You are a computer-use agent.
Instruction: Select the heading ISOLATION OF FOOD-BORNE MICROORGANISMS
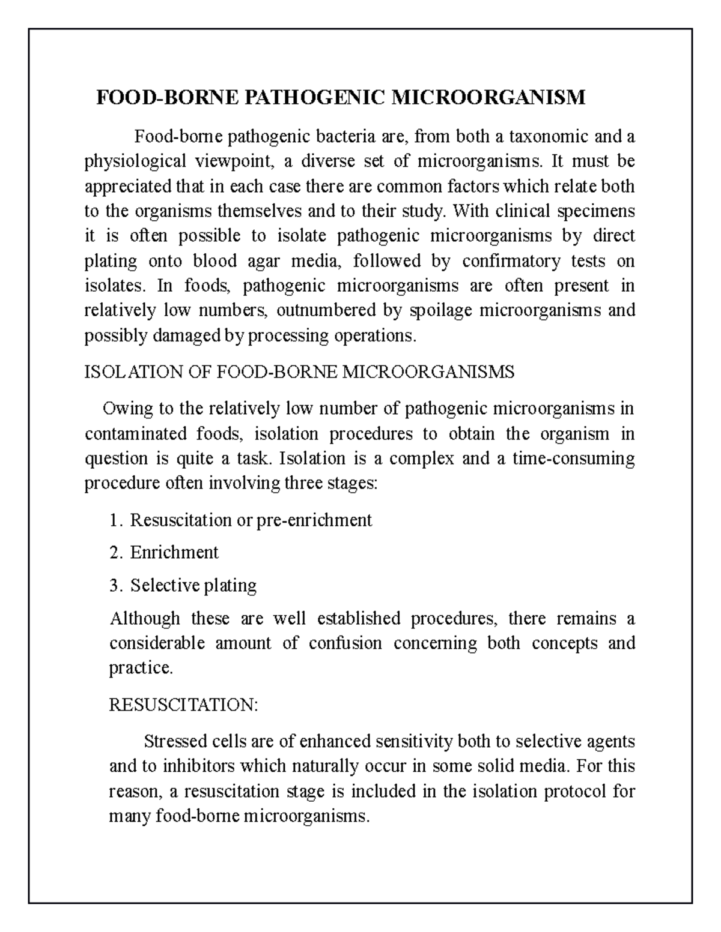[x=299, y=372]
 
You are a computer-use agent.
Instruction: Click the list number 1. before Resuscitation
[x=116, y=520]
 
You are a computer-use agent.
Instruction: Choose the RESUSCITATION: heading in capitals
[x=183, y=705]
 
